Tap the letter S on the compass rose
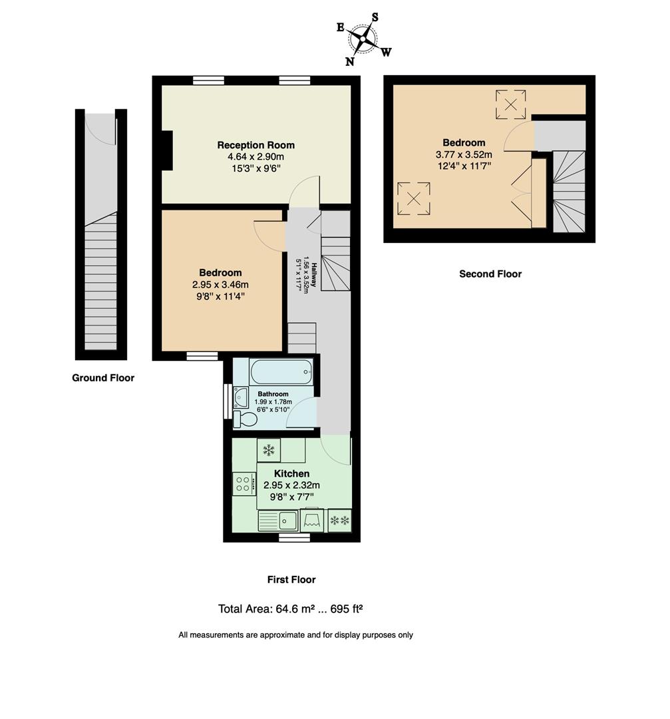(375, 17)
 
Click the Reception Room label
(255, 145)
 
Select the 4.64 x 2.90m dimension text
(255, 156)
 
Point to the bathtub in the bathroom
(280, 371)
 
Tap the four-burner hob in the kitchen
(243, 483)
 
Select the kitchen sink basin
(287, 519)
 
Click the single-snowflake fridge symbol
(269, 450)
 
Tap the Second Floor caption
(490, 274)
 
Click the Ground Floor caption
(103, 378)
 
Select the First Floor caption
(291, 580)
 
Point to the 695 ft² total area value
(345, 608)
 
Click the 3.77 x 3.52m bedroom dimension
(464, 154)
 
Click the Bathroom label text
(273, 394)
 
